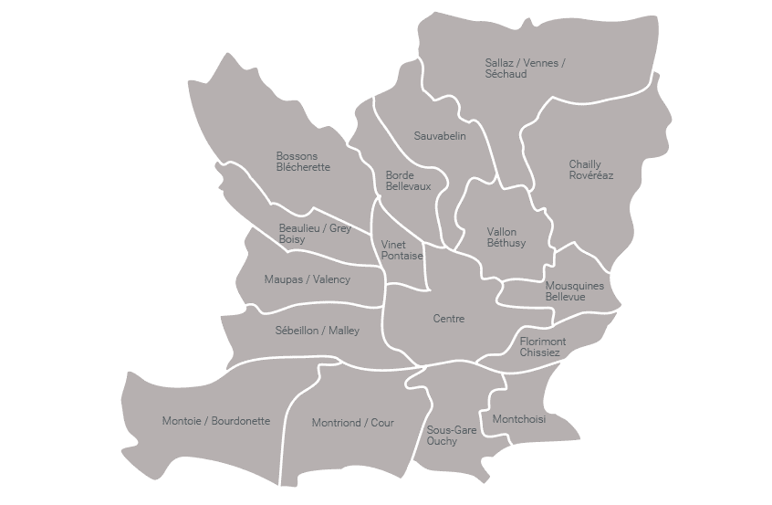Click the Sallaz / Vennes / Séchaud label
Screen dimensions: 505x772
click(x=525, y=68)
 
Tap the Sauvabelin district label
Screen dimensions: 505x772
click(x=440, y=136)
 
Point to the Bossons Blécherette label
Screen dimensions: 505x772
click(x=303, y=162)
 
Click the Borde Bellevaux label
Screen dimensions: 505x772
click(x=402, y=181)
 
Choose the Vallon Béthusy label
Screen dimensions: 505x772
click(x=506, y=237)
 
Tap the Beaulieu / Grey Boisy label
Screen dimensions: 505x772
click(x=315, y=234)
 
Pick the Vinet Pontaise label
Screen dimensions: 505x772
click(x=402, y=250)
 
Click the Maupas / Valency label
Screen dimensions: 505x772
click(x=307, y=279)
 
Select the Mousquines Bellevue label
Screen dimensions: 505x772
click(x=574, y=291)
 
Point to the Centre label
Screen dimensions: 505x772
click(x=448, y=319)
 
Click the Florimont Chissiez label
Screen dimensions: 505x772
click(x=543, y=347)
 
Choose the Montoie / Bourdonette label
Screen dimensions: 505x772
click(x=216, y=421)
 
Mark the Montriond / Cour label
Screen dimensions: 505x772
click(x=352, y=423)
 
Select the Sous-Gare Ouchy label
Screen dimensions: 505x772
click(x=452, y=435)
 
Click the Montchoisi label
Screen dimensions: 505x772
click(x=518, y=419)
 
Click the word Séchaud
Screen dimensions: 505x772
click(x=506, y=74)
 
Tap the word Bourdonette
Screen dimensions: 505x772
click(x=239, y=421)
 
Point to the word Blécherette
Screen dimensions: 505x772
click(x=303, y=167)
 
